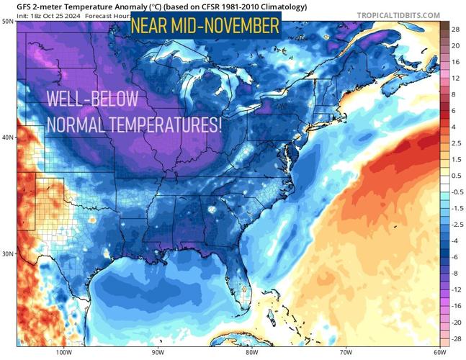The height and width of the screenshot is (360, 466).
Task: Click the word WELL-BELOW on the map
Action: pyautogui.click(x=92, y=100)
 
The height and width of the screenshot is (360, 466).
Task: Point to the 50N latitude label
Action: pyautogui.click(x=7, y=22)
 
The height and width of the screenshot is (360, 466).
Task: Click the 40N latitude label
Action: pyautogui.click(x=7, y=138)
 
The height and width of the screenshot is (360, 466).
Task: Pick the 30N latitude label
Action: pyautogui.click(x=7, y=254)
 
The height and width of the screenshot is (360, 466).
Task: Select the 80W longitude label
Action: pyautogui.click(x=251, y=353)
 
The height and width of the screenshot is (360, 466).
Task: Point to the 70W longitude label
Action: pyautogui.click(x=345, y=353)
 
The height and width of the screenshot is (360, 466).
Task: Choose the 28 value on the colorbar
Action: pyautogui.click(x=456, y=30)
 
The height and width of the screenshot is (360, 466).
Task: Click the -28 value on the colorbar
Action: pyautogui.click(x=456, y=338)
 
